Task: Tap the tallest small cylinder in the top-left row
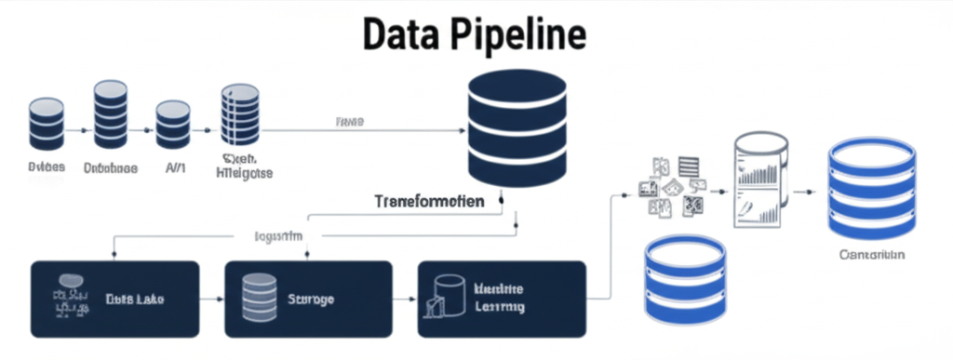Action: (x=110, y=115)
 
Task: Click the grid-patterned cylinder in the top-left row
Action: (x=239, y=115)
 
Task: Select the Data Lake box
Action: (x=114, y=299)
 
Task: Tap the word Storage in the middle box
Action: (x=311, y=300)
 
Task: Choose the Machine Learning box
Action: (x=502, y=299)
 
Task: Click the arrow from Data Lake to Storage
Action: (x=212, y=300)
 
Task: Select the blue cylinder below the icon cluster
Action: (x=685, y=279)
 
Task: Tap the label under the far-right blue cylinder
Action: (x=871, y=254)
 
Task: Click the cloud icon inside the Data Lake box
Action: (x=69, y=280)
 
